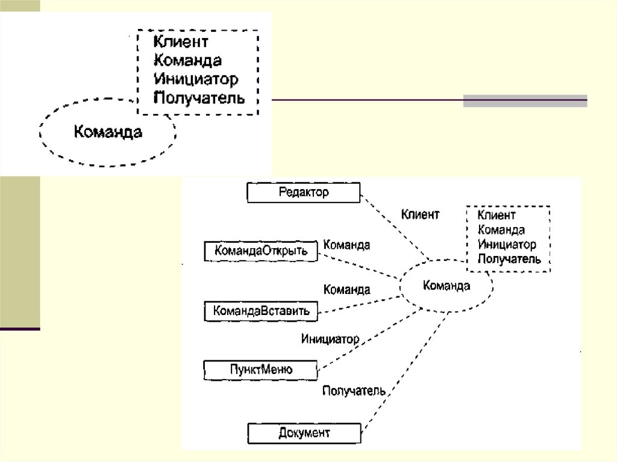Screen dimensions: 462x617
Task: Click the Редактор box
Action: [x=304, y=193]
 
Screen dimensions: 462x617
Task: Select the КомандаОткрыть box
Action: [x=261, y=251]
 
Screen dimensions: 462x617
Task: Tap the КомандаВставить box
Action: [x=261, y=311]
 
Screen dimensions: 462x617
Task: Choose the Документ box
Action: [x=304, y=433]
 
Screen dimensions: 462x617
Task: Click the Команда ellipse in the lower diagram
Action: [x=446, y=286]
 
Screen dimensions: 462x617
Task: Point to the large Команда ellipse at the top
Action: [x=108, y=132]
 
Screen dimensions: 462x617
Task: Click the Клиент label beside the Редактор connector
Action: [x=420, y=214]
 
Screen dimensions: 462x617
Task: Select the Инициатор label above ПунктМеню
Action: [x=330, y=339]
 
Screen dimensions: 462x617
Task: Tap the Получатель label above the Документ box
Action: [x=353, y=391]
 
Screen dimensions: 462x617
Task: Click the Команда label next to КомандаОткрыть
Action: [x=346, y=245]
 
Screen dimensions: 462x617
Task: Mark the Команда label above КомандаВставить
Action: [x=346, y=290]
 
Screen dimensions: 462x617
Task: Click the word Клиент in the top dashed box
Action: [x=181, y=42]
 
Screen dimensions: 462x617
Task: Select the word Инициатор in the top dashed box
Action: [x=196, y=79]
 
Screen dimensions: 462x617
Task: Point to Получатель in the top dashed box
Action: [x=199, y=98]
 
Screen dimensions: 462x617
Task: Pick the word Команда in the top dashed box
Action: [x=187, y=60]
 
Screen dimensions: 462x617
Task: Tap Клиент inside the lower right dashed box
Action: [x=496, y=215]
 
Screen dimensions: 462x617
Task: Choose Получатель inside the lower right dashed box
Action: [x=509, y=260]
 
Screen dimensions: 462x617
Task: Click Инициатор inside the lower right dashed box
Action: [x=507, y=245]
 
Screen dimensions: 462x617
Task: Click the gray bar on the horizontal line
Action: [x=525, y=101]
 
